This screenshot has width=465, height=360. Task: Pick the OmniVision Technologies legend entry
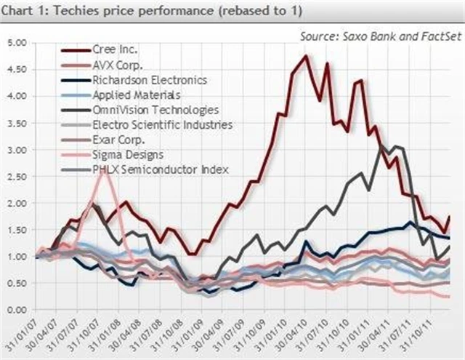(155, 110)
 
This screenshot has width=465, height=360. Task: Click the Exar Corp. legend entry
(118, 140)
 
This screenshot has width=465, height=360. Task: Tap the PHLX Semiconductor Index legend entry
(161, 169)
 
